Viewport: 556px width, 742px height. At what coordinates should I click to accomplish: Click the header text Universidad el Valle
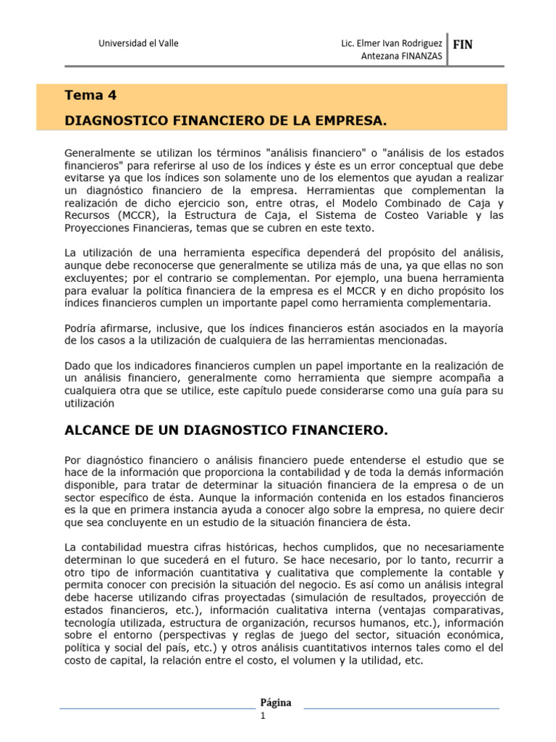click(x=138, y=43)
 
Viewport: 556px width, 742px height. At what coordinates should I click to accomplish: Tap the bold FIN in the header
click(x=463, y=45)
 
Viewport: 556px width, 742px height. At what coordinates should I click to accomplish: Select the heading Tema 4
click(x=90, y=95)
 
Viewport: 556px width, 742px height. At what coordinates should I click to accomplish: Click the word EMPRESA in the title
click(x=345, y=119)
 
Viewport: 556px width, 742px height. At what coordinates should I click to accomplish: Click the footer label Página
click(x=276, y=702)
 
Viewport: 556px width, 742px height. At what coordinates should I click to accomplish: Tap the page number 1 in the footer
click(x=264, y=717)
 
